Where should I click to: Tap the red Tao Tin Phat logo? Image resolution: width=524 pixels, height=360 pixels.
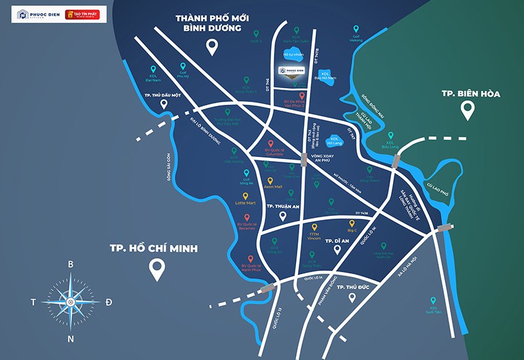[83, 14]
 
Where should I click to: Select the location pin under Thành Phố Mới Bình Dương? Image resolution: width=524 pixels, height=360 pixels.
[212, 46]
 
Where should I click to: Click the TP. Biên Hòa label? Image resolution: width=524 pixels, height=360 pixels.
[468, 94]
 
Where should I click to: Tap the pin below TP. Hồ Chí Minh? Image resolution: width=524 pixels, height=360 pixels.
[157, 269]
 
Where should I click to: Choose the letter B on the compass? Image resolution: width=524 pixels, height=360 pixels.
[71, 264]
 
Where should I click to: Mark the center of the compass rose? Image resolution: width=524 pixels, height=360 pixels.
[71, 301]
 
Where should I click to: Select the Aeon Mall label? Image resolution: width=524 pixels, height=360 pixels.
[274, 187]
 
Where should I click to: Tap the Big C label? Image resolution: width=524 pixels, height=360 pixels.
[352, 230]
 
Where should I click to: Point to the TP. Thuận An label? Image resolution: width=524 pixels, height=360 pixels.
[282, 206]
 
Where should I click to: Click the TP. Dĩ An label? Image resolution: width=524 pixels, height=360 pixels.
[337, 241]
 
